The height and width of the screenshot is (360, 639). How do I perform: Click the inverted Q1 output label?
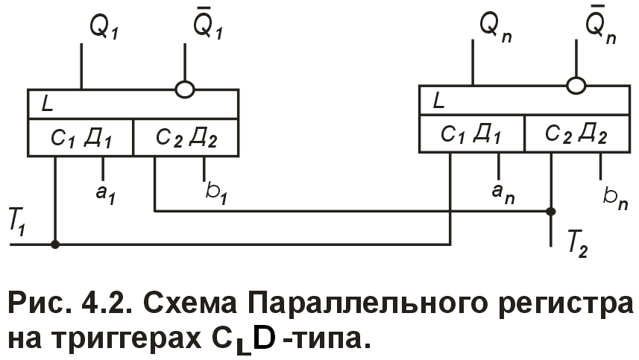(x=208, y=28)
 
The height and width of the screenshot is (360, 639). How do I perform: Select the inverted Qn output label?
(x=600, y=28)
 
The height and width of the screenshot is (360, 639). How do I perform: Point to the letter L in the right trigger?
(x=438, y=101)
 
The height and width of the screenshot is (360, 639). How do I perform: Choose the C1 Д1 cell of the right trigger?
(x=471, y=134)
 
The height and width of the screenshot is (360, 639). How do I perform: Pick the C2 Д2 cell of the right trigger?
(x=576, y=135)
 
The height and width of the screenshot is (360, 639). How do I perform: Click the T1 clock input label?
(x=16, y=224)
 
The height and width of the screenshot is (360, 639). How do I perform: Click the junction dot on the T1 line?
(x=56, y=243)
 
